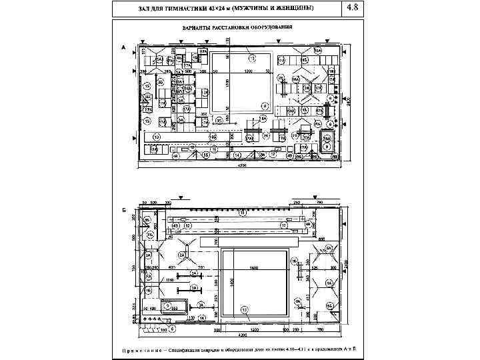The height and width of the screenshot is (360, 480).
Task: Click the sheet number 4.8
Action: pos(352,8)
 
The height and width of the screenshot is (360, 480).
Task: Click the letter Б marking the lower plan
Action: pos(123,209)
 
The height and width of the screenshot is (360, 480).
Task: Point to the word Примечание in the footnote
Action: pos(143,348)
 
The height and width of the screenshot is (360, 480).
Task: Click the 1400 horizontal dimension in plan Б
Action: pos(254,267)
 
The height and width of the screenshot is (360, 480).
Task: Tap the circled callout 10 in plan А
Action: pos(156,137)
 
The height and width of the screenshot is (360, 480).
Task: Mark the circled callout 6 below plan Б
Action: pos(172,329)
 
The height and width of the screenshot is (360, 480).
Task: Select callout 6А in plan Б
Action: pos(329,248)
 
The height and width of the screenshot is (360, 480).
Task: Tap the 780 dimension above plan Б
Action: pos(319,201)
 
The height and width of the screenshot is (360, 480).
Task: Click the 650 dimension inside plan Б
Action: pos(321,238)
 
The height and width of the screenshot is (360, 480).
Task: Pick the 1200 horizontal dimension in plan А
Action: pos(247,70)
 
